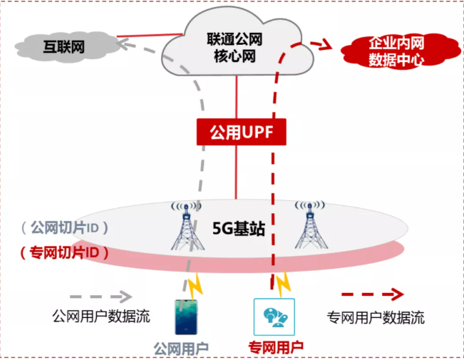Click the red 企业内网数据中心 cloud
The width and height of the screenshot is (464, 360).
(396, 51)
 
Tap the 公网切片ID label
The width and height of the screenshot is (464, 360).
(64, 228)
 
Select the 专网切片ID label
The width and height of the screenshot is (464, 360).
(64, 252)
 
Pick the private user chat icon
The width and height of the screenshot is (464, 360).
(274, 317)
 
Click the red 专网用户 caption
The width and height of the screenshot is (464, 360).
(276, 348)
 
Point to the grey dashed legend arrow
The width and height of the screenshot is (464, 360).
(100, 295)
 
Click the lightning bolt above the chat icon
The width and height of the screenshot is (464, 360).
(284, 284)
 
